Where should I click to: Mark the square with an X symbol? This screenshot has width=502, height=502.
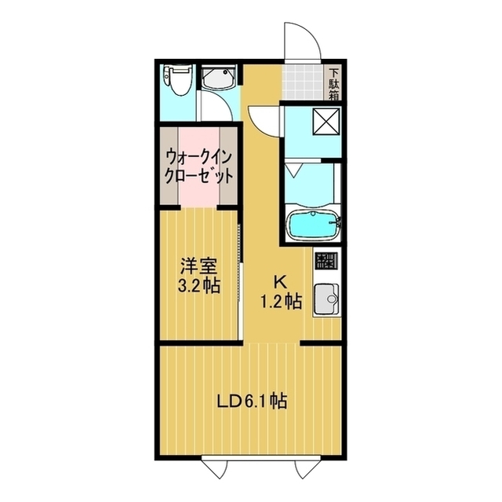click(x=323, y=122)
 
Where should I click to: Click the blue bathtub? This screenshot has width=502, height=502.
click(x=311, y=225)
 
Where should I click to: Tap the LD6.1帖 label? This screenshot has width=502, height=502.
click(x=251, y=401)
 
